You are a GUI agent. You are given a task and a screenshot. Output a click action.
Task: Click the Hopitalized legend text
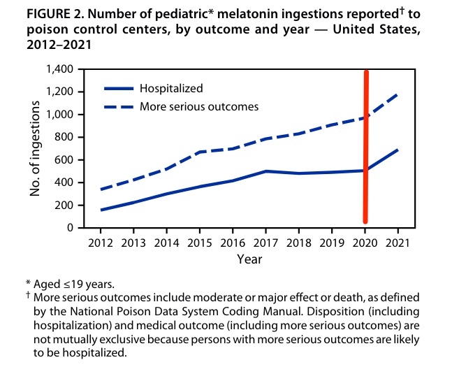click(x=171, y=89)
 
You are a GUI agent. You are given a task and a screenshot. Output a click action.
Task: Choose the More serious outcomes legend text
click(x=199, y=106)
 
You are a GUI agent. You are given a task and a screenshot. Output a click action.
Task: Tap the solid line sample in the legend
click(x=119, y=89)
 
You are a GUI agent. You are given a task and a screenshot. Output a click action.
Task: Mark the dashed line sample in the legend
click(x=119, y=106)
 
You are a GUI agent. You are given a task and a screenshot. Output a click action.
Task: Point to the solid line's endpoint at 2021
click(x=398, y=150)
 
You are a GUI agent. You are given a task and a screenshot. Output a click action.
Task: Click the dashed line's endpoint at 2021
click(x=398, y=94)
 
